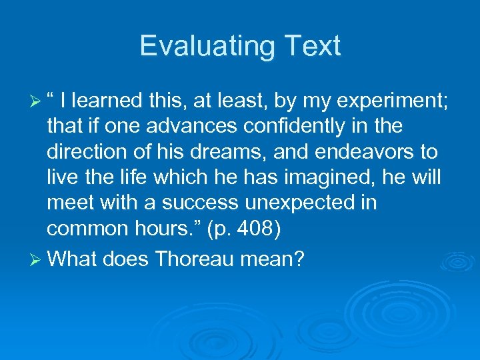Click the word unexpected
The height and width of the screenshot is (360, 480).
291,203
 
